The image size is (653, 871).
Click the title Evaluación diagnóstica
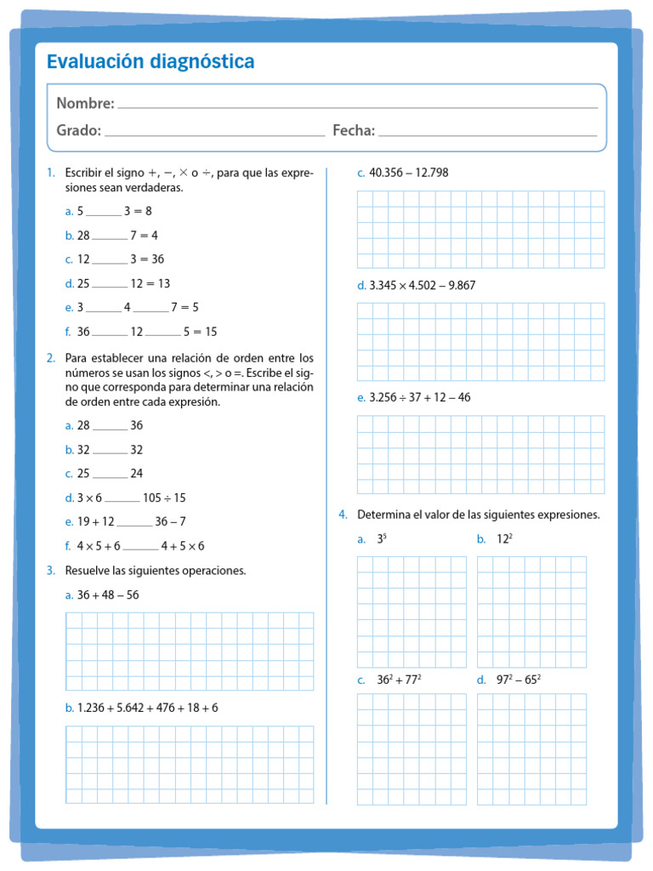[150, 62]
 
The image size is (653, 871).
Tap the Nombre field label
[85, 103]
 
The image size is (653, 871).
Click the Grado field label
[78, 130]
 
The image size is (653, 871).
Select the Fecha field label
[353, 130]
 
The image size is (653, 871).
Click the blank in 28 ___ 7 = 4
[109, 236]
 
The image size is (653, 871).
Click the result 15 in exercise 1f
[211, 332]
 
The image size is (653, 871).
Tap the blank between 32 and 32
[109, 450]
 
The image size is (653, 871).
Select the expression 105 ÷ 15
[164, 498]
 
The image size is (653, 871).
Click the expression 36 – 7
[170, 522]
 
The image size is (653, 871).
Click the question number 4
[342, 515]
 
